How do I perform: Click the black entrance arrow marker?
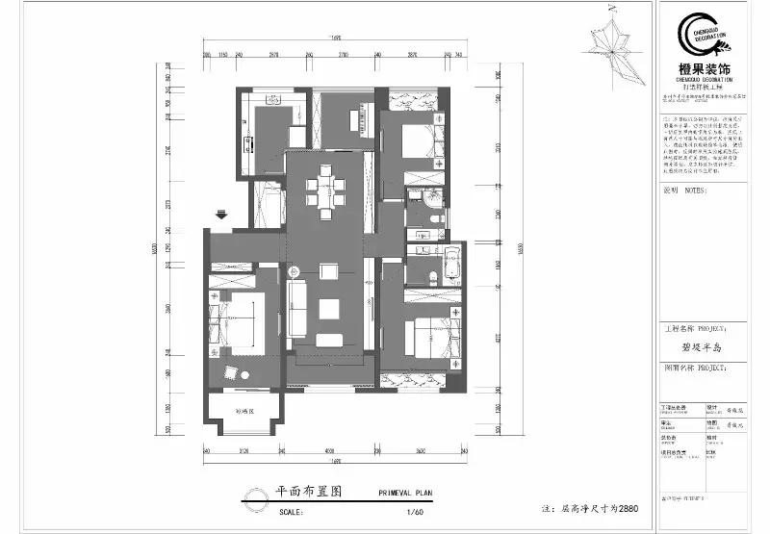click(x=221, y=216)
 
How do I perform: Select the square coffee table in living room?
click(x=328, y=309)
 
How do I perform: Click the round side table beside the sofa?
click(x=298, y=272)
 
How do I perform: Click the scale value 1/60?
click(x=415, y=511)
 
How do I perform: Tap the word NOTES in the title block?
click(x=694, y=191)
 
